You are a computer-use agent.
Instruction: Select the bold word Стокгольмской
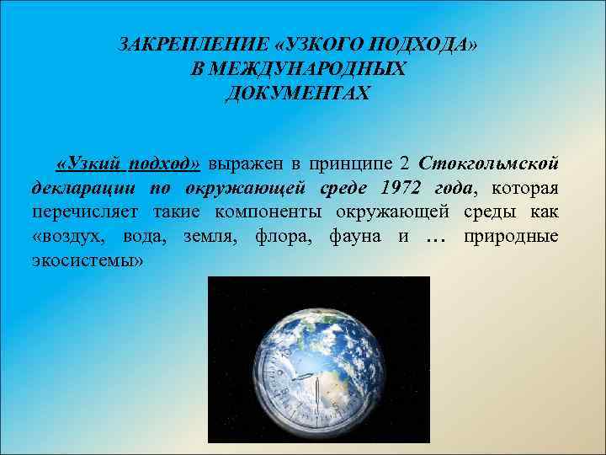(x=488, y=162)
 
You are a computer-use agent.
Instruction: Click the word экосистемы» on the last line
(x=87, y=260)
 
